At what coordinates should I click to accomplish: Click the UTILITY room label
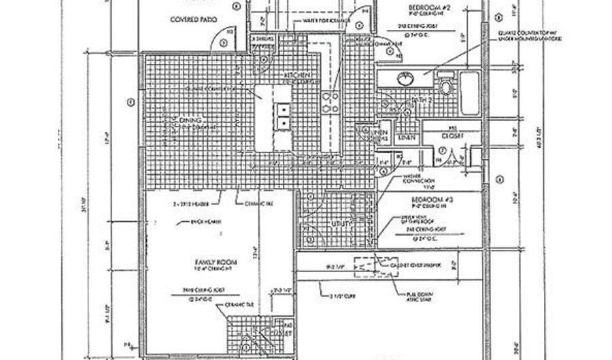[x=339, y=223]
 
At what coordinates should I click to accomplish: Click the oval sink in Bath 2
[x=404, y=79]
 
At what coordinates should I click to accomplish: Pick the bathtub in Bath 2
[x=471, y=92]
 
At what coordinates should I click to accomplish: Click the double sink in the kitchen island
[x=282, y=116]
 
